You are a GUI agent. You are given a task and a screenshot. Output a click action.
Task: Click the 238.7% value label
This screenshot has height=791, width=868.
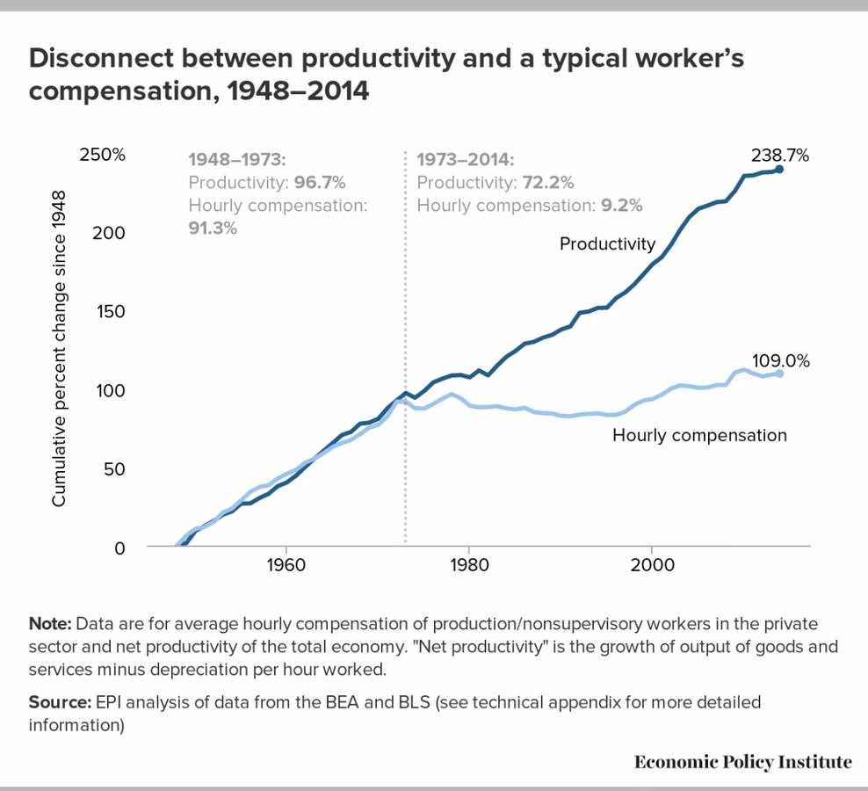pos(779,156)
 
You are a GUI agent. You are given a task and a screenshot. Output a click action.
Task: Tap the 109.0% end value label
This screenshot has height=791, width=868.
pos(779,361)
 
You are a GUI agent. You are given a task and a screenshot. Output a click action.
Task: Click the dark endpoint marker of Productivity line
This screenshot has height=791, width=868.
pos(779,169)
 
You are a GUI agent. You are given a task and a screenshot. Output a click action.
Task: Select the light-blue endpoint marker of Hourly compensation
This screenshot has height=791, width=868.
pos(779,374)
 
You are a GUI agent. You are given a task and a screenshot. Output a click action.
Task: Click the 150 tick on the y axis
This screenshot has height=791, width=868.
pos(111,311)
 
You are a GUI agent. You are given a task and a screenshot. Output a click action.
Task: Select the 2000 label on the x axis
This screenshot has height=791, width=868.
pos(652,563)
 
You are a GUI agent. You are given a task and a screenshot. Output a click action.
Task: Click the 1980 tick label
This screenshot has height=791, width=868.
pos(468,563)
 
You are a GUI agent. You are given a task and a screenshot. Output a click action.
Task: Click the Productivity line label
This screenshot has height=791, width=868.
pos(607,243)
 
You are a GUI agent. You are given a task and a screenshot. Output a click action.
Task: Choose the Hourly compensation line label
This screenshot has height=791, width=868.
pos(699,435)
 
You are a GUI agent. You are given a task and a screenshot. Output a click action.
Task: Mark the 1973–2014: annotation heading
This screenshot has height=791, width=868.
pos(465,160)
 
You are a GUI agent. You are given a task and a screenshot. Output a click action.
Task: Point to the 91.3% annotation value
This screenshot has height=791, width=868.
pos(213,228)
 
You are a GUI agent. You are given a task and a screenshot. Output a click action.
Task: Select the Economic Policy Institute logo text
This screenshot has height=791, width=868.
pos(742,761)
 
